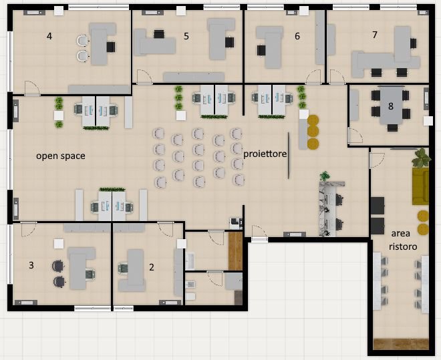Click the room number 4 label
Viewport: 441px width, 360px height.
click(x=49, y=36)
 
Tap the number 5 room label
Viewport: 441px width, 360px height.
click(x=186, y=36)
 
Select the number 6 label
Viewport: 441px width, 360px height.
click(x=297, y=36)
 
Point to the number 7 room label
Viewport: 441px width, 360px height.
click(x=375, y=35)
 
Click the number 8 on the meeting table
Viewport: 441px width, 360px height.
click(x=391, y=106)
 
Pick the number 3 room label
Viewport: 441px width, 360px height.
click(x=31, y=265)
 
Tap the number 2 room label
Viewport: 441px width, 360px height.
click(x=152, y=267)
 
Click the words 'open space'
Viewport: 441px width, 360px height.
click(x=60, y=156)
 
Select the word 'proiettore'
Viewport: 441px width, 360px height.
click(x=265, y=154)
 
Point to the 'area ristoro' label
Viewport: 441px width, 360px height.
click(x=403, y=240)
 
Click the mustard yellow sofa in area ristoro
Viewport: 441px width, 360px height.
click(x=420, y=186)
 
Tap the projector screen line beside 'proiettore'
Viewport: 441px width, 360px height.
click(x=289, y=156)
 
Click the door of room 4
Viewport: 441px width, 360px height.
click(x=32, y=89)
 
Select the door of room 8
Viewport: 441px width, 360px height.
click(x=355, y=136)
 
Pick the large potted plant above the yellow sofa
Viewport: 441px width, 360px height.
click(x=422, y=158)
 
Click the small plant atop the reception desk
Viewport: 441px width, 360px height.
click(x=325, y=176)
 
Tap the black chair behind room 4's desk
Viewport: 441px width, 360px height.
click(x=111, y=47)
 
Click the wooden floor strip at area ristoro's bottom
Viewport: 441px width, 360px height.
click(x=401, y=344)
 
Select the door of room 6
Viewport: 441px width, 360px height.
click(x=313, y=77)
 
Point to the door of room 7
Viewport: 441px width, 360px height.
click(x=337, y=77)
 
